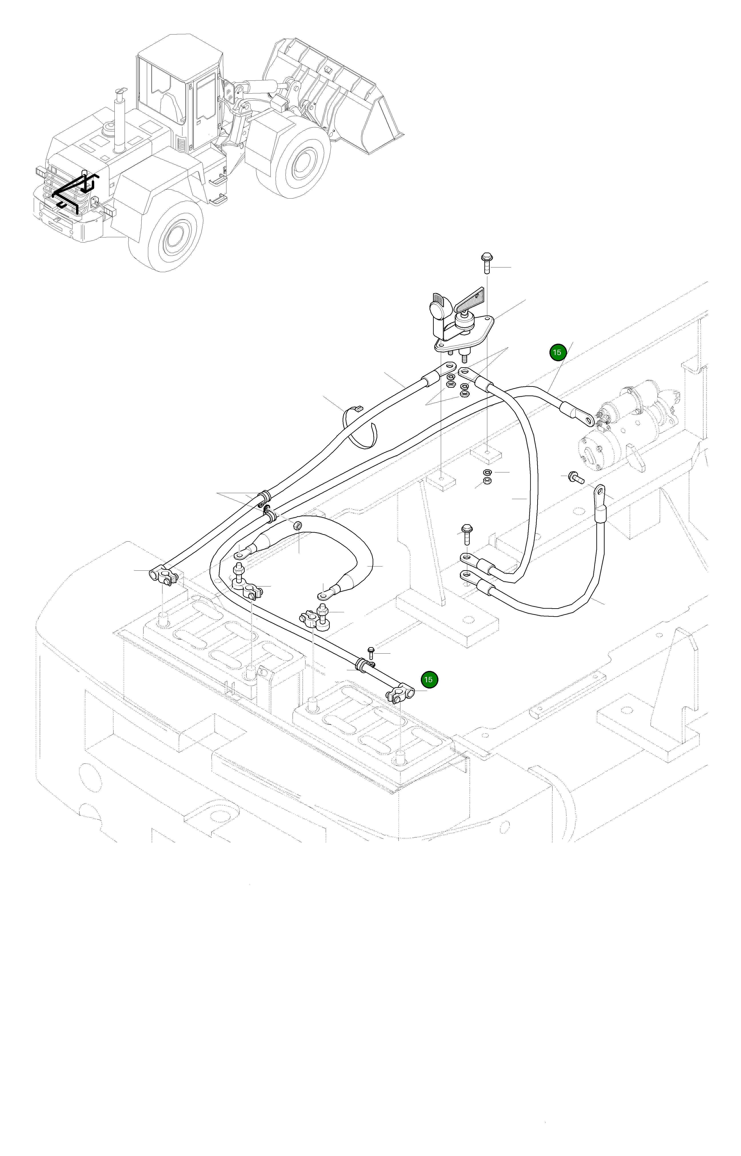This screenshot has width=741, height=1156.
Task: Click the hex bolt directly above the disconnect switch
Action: pyautogui.click(x=485, y=262)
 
